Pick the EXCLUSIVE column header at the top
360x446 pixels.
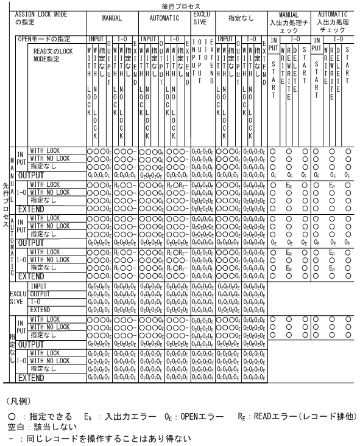coord(203,17)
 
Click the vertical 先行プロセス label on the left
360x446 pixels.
coord(5,214)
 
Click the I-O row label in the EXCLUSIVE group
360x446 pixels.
coord(35,301)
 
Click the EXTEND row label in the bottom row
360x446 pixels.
coord(31,377)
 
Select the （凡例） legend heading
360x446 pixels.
coord(19,402)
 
